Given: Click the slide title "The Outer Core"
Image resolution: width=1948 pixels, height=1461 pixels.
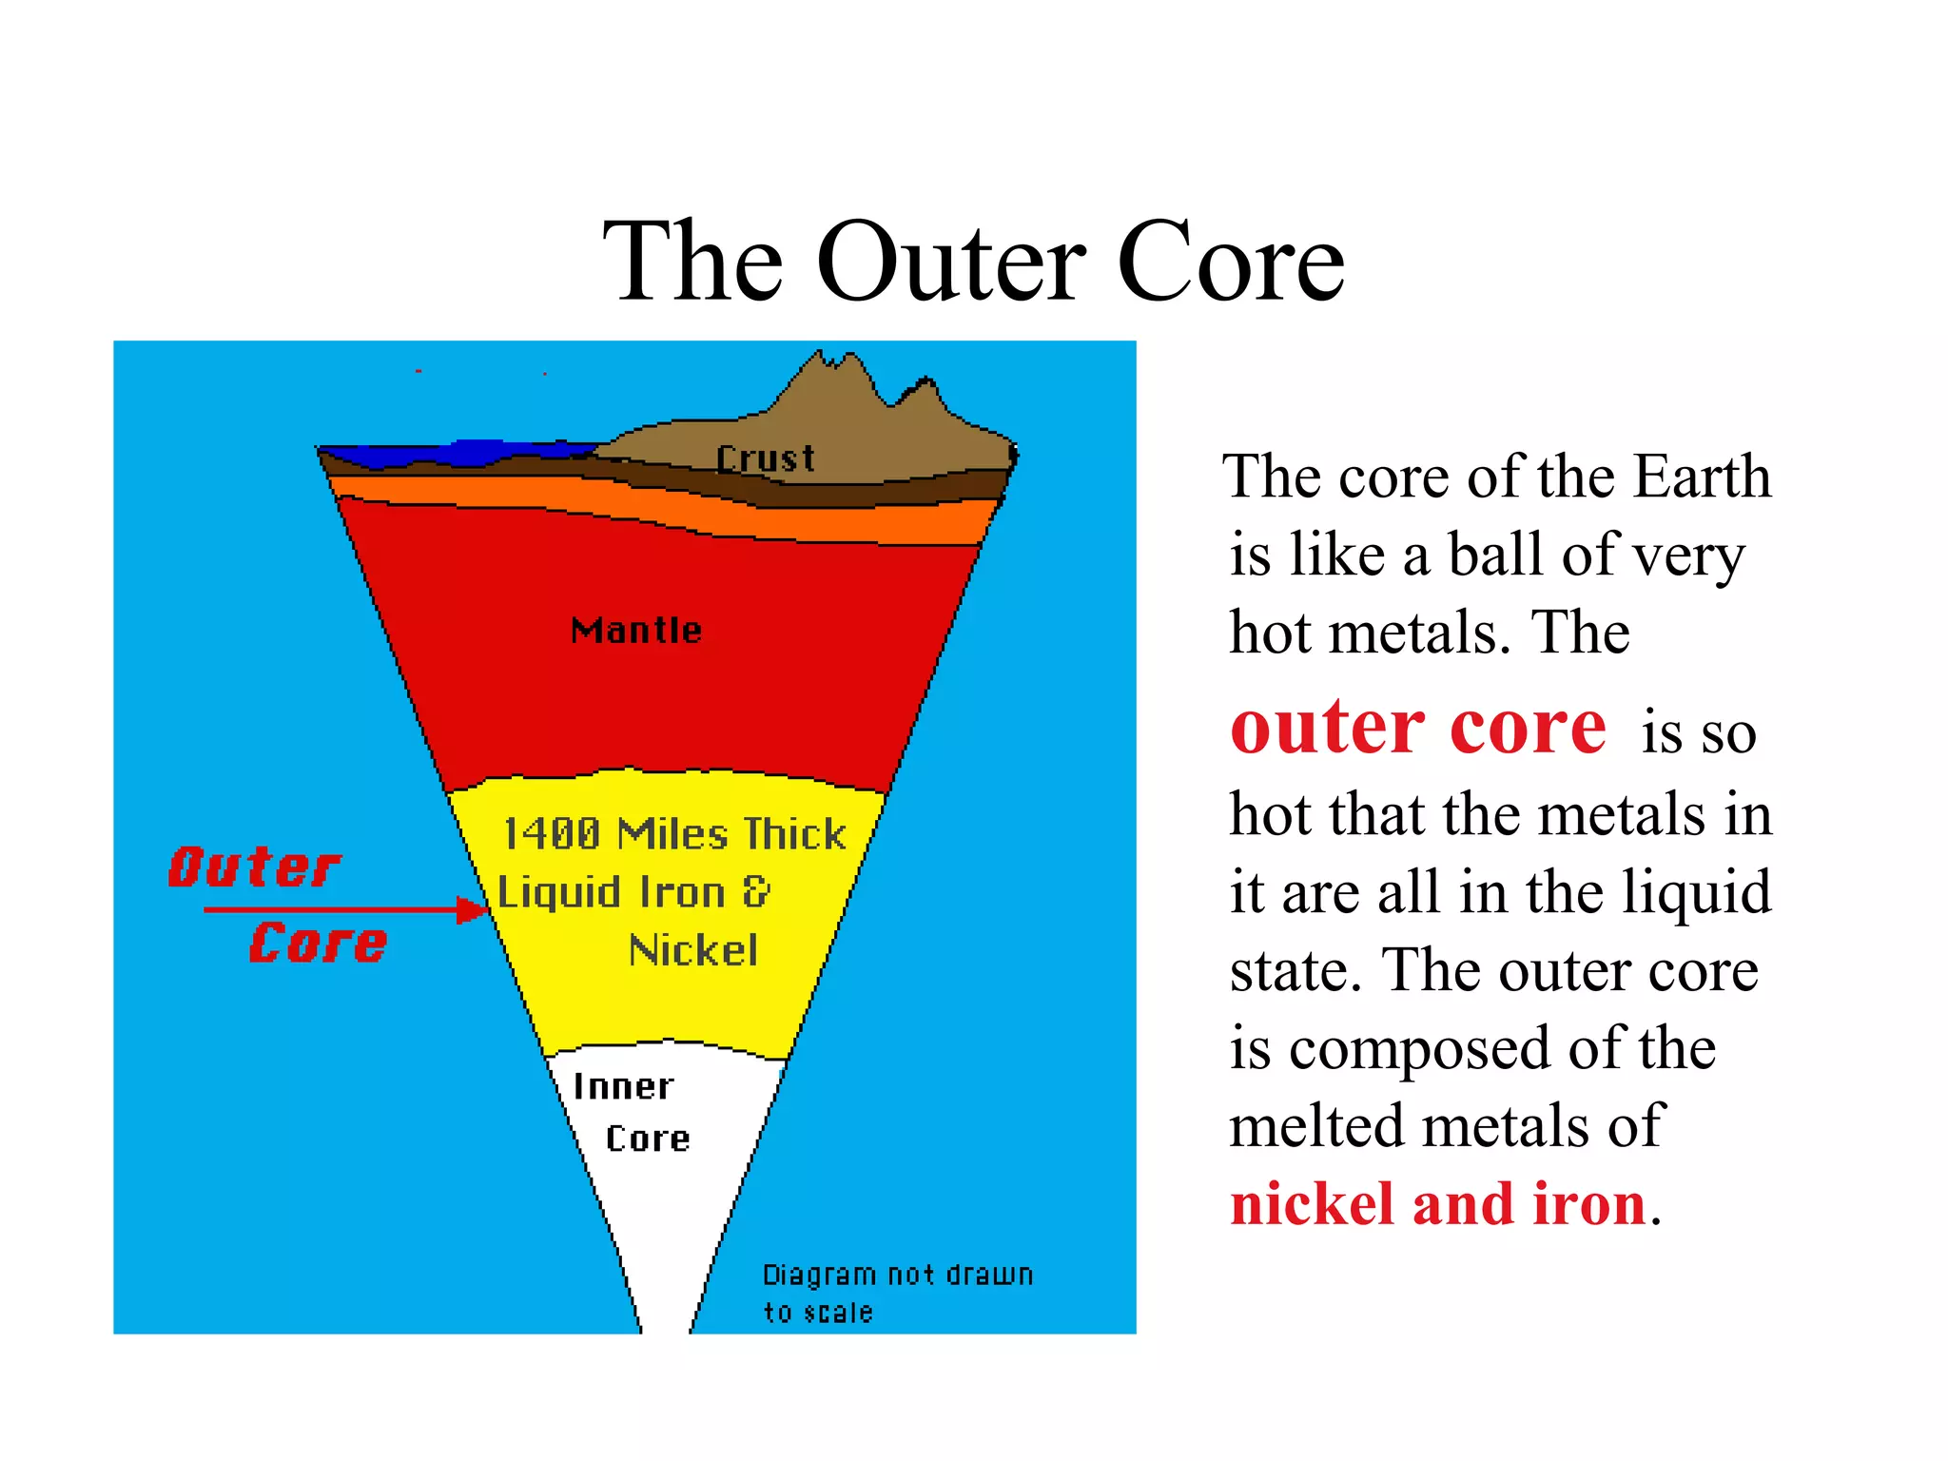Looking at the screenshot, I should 973,262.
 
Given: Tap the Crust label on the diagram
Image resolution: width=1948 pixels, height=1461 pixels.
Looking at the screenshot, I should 766,459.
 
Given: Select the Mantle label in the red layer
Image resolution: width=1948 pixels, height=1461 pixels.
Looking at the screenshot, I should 636,631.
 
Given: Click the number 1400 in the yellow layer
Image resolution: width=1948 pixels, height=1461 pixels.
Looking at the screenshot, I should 552,834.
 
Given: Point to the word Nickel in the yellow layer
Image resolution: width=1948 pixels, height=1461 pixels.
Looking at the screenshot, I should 693,950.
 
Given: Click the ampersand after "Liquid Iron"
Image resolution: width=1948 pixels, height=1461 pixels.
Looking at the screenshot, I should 756,892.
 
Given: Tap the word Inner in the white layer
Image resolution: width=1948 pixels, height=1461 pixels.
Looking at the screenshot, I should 623,1086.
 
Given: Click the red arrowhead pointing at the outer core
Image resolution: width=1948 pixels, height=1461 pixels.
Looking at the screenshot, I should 472,910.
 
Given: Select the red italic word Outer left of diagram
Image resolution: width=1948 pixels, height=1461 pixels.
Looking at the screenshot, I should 254,867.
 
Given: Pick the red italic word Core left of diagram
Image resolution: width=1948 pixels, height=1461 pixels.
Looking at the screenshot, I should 318,944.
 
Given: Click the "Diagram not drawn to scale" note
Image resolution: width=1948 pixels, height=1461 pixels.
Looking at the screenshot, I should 897,1293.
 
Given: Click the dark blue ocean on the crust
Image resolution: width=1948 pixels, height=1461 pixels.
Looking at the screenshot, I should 457,453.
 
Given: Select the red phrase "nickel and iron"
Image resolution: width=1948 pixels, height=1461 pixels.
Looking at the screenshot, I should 1437,1204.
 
